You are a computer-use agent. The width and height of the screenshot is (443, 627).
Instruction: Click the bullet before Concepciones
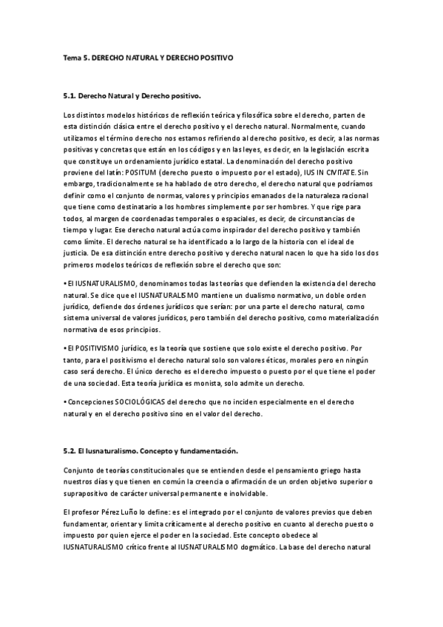click(66, 402)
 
